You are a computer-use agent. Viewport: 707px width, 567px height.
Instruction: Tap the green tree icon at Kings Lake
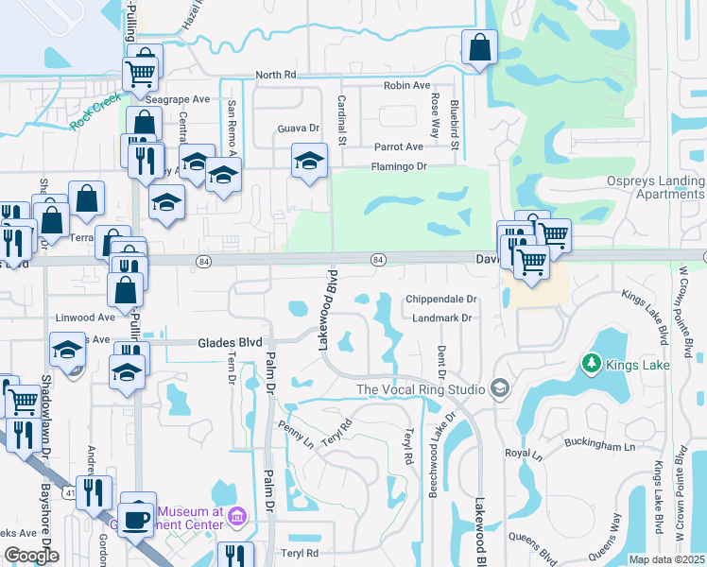[x=593, y=363]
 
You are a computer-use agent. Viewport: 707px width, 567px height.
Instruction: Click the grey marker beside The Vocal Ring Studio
[x=500, y=388]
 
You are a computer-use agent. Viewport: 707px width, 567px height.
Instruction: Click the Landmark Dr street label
[x=441, y=318]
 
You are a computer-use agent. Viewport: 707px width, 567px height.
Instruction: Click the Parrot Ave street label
[x=398, y=147]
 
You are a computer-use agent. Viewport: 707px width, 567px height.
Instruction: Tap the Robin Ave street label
[x=407, y=85]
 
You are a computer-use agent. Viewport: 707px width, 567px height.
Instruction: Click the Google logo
[x=31, y=556]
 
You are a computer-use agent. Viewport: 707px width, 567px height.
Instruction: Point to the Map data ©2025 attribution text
[x=665, y=559]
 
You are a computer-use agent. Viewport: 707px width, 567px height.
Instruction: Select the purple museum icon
[x=236, y=516]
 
